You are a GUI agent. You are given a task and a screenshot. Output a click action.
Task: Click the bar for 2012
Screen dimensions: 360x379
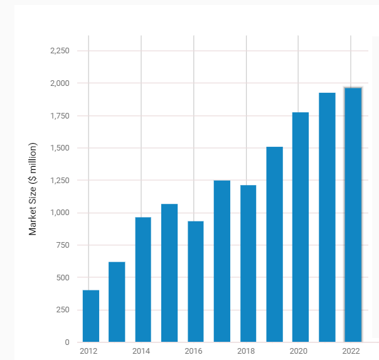(x=91, y=316)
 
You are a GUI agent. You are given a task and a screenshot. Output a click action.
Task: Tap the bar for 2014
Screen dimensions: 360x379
(x=143, y=280)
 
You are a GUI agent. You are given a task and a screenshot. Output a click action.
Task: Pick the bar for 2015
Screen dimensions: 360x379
(x=169, y=273)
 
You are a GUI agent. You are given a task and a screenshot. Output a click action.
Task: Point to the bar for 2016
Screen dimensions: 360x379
(x=196, y=282)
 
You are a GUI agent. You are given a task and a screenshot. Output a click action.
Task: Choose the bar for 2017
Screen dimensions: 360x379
(x=222, y=261)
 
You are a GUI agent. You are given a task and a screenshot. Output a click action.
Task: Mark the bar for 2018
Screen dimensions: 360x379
(x=248, y=263)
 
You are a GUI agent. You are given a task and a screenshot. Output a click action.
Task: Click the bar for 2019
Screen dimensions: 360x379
(x=274, y=245)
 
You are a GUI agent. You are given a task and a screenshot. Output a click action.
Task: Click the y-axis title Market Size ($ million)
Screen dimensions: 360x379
(x=33, y=189)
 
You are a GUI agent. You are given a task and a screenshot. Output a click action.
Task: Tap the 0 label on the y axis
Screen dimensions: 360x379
(x=66, y=342)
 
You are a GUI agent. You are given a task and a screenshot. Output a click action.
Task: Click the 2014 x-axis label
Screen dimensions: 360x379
(x=141, y=351)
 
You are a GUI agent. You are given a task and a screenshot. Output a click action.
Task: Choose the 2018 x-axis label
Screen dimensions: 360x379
(x=246, y=351)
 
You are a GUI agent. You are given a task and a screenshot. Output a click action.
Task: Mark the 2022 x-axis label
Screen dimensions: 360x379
(x=351, y=351)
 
